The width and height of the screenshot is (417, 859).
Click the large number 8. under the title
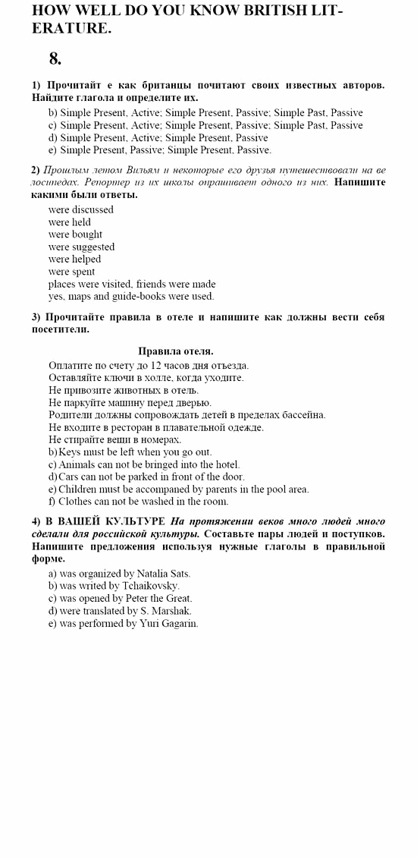(55, 58)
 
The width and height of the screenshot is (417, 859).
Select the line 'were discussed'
(80, 209)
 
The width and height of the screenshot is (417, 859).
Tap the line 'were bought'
(75, 234)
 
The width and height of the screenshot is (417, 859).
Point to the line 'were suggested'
(81, 247)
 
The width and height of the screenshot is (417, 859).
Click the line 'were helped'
(74, 259)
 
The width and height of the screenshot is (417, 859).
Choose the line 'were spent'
(71, 272)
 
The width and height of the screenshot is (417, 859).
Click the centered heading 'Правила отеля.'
(176, 351)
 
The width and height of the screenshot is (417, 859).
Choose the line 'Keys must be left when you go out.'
(130, 452)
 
